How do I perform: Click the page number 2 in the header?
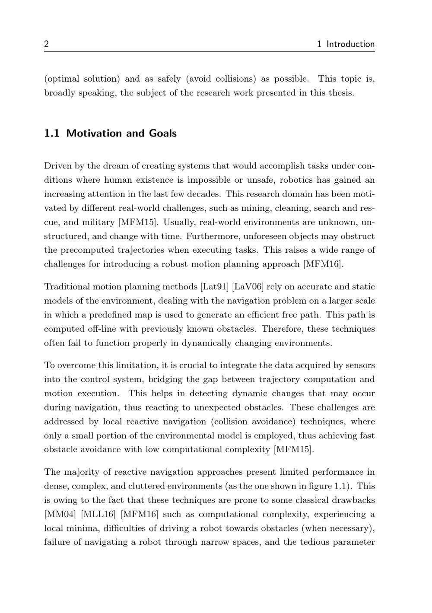point(46,44)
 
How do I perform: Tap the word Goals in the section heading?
point(163,133)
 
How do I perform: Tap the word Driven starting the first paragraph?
point(57,166)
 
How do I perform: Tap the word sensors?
point(360,365)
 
